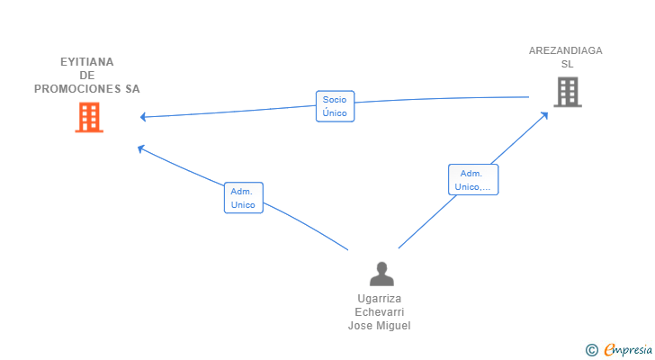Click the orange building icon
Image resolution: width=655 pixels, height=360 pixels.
pyautogui.click(x=89, y=117)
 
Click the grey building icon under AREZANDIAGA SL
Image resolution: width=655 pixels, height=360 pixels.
pyautogui.click(x=568, y=92)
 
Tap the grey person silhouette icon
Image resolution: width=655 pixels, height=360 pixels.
pyautogui.click(x=381, y=274)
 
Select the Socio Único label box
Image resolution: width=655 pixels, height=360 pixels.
pyautogui.click(x=335, y=106)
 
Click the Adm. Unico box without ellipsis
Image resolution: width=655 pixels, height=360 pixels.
pyautogui.click(x=244, y=197)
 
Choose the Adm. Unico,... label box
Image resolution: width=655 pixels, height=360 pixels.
pyautogui.click(x=473, y=180)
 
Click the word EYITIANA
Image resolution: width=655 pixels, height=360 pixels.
pyautogui.click(x=87, y=62)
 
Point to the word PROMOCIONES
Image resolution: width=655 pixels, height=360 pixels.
pyautogui.click(x=77, y=89)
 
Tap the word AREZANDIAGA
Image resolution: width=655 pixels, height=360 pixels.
pyautogui.click(x=566, y=50)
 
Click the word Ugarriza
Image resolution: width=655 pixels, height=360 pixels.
pyautogui.click(x=380, y=299)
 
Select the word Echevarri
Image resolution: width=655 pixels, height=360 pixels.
pyautogui.click(x=380, y=312)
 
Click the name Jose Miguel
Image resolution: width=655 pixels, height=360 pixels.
pyautogui.click(x=380, y=325)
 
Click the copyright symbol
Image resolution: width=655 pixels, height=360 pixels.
pyautogui.click(x=592, y=350)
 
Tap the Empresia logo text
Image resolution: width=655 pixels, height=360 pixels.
pyautogui.click(x=628, y=349)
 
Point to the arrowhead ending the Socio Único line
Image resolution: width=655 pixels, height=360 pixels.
pyautogui.click(x=143, y=117)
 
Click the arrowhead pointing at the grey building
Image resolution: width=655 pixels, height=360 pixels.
pyautogui.click(x=544, y=115)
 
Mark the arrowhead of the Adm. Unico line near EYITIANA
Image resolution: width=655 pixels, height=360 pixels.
pyautogui.click(x=141, y=148)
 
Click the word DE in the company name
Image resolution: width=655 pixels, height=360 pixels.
pyautogui.click(x=87, y=76)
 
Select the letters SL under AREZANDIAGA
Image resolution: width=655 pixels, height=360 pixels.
pyautogui.click(x=567, y=64)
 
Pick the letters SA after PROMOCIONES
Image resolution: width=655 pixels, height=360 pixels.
pyautogui.click(x=132, y=89)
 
